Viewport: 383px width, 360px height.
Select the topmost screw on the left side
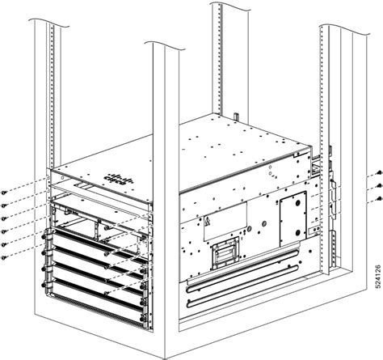click(6, 191)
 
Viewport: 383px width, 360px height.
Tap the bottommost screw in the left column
click(6, 257)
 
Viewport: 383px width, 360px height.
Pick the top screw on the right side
click(378, 174)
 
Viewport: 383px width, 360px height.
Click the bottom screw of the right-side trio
click(378, 197)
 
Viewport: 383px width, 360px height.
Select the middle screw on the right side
click(378, 185)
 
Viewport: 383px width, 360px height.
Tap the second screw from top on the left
click(6, 205)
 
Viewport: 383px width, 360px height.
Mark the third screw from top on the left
click(6, 218)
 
